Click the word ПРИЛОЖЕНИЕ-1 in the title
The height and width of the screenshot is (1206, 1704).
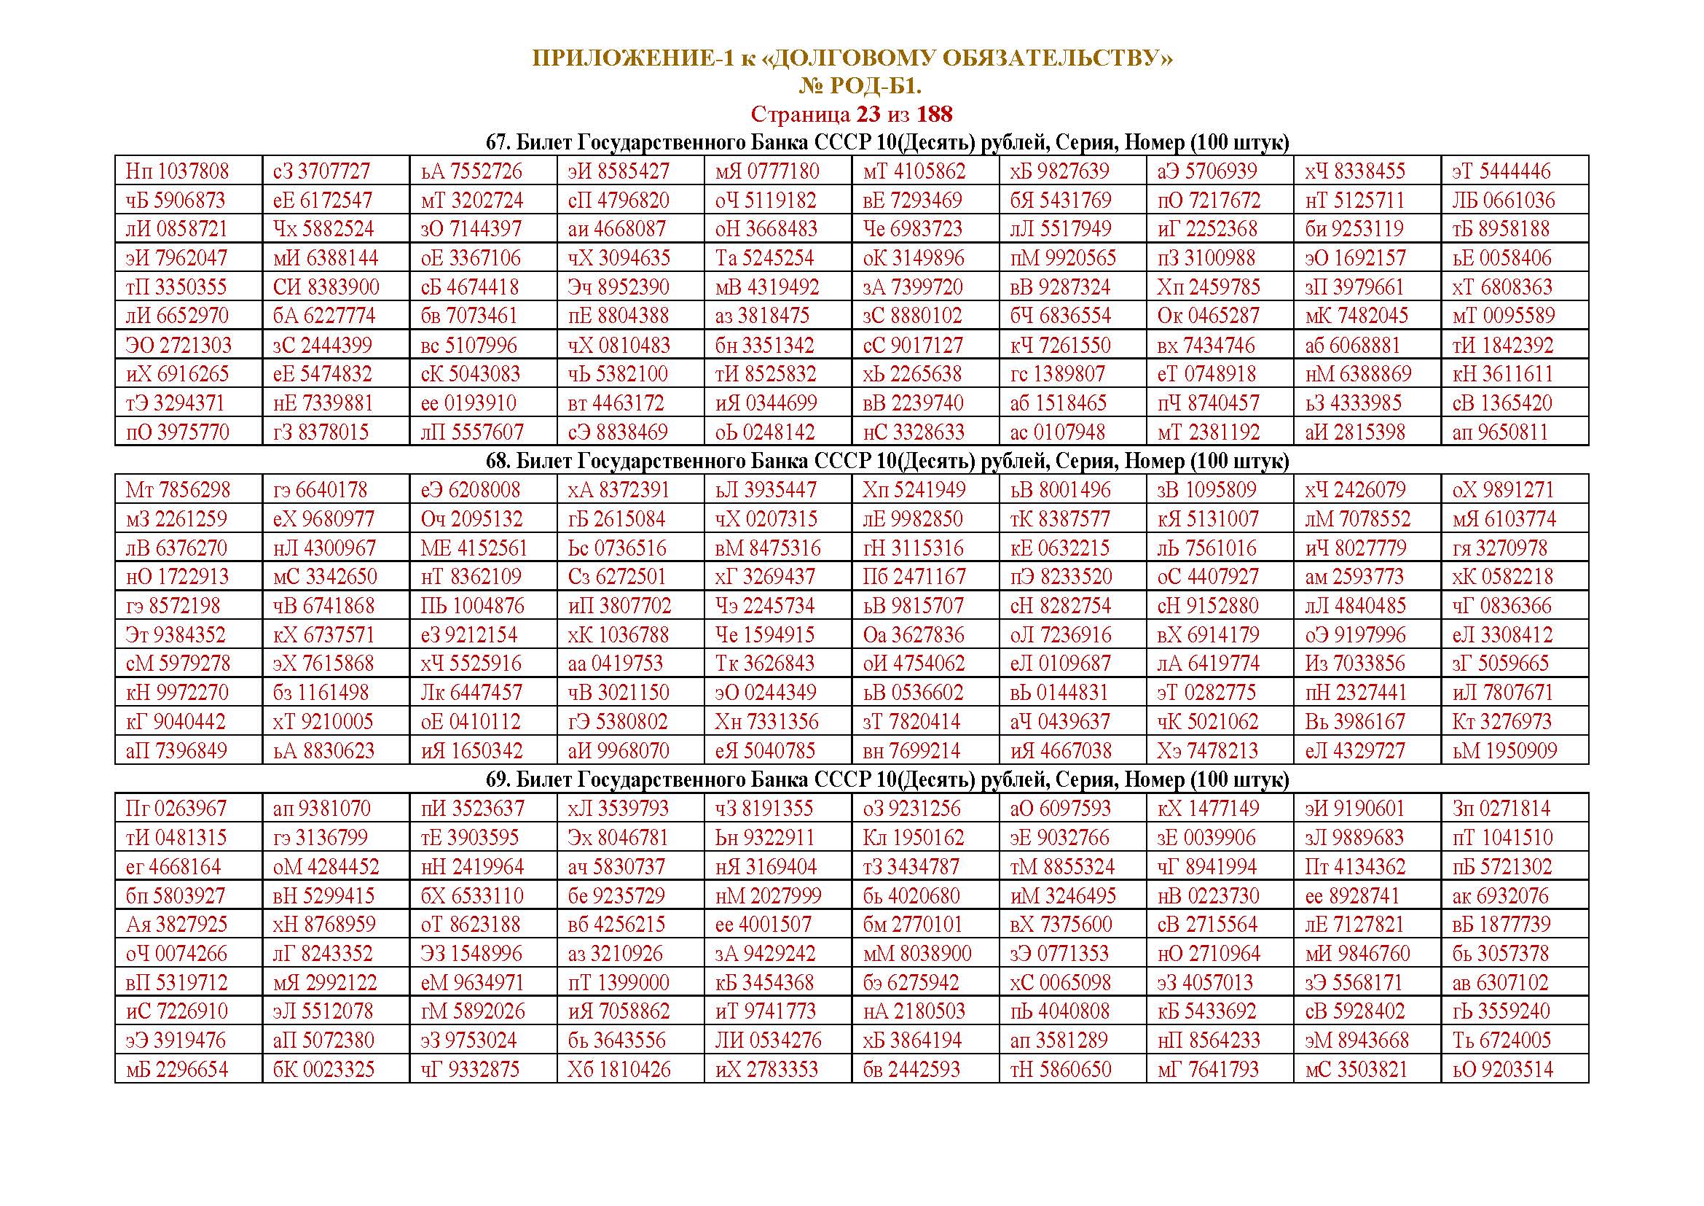coord(633,58)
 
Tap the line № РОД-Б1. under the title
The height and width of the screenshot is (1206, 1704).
coord(860,86)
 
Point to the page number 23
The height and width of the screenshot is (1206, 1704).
coord(868,114)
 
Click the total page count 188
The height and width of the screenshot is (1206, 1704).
coord(935,114)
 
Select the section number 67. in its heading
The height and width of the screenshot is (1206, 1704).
coord(498,143)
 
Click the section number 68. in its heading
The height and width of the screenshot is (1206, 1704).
coord(498,461)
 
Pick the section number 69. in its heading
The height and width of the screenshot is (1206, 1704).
coord(498,779)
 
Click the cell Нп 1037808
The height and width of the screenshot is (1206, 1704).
coord(177,171)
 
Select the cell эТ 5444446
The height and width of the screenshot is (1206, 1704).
coord(1501,171)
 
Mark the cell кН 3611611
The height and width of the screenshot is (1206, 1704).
coord(1502,374)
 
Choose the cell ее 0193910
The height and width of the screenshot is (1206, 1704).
coord(468,403)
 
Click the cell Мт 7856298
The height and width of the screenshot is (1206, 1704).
coord(178,490)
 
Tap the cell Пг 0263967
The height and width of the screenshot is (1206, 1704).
coord(178,809)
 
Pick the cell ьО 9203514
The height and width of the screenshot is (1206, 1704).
coord(1502,1070)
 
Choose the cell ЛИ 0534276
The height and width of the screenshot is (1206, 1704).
coord(768,1040)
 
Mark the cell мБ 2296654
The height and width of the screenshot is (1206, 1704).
coord(177,1070)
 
